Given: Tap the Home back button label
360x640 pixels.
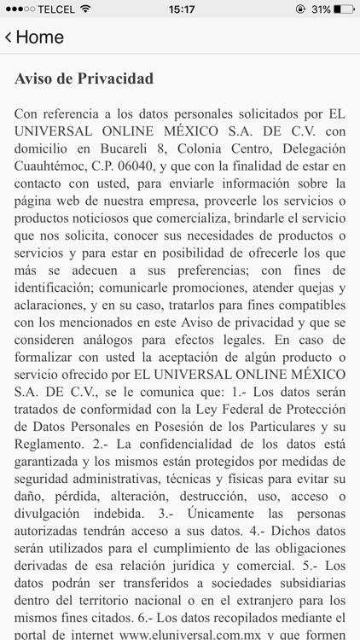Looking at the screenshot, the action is pos(40,38).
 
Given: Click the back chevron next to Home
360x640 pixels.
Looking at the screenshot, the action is pos(9,38).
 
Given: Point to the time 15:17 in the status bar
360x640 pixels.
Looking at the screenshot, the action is pos(181,9).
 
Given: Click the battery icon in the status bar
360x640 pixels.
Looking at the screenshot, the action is pos(342,9).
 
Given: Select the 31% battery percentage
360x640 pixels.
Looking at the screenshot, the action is pos(320,9).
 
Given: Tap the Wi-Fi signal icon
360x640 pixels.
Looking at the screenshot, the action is pos(85,9).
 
